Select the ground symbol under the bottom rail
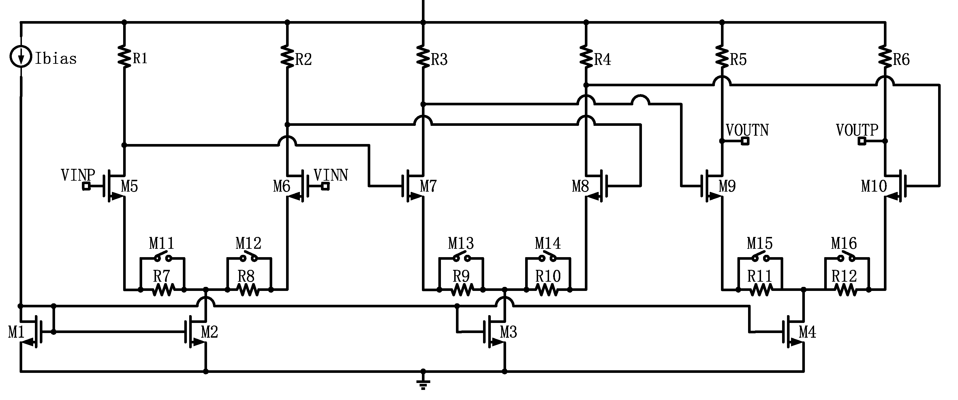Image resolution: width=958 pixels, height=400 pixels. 423,383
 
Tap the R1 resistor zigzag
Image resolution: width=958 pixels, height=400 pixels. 124,57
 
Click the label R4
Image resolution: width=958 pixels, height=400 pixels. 602,59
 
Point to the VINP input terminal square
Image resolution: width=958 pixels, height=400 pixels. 86,186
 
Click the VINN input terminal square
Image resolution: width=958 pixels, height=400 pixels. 325,186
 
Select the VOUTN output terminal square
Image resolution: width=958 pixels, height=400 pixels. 745,141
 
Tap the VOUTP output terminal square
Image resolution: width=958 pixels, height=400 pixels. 862,141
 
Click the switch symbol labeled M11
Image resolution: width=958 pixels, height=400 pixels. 163,257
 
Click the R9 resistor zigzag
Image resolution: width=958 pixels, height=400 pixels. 461,290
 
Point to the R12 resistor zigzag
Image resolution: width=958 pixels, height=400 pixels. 847,290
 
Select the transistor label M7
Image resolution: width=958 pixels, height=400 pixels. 428,186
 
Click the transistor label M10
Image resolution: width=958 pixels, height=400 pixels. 874,186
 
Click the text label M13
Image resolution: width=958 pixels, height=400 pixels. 461,244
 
